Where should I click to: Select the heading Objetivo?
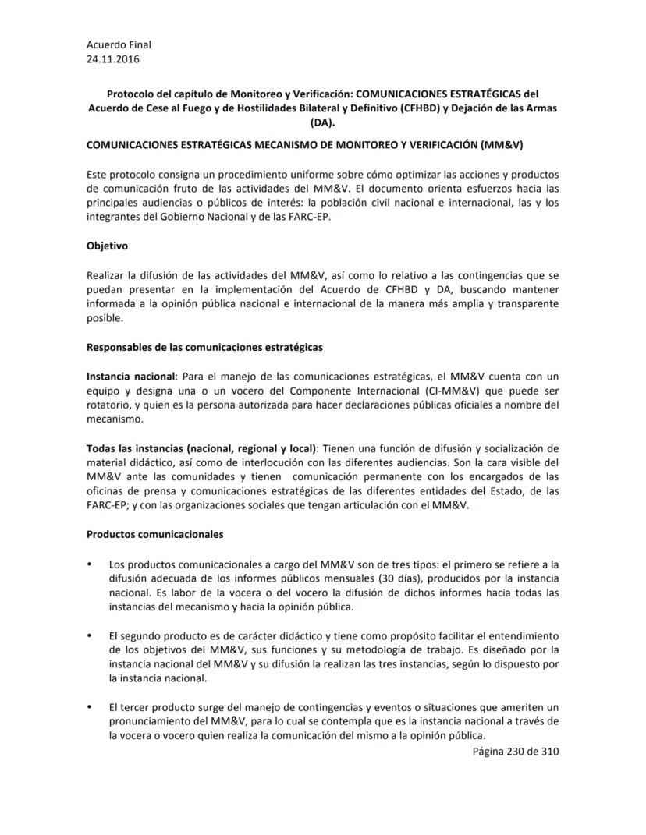click(107, 246)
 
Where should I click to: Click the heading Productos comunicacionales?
click(155, 535)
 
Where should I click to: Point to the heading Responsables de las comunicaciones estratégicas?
click(204, 346)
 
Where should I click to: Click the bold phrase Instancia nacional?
click(130, 376)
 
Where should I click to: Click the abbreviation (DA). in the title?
click(322, 122)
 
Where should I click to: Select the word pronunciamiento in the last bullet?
click(151, 723)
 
